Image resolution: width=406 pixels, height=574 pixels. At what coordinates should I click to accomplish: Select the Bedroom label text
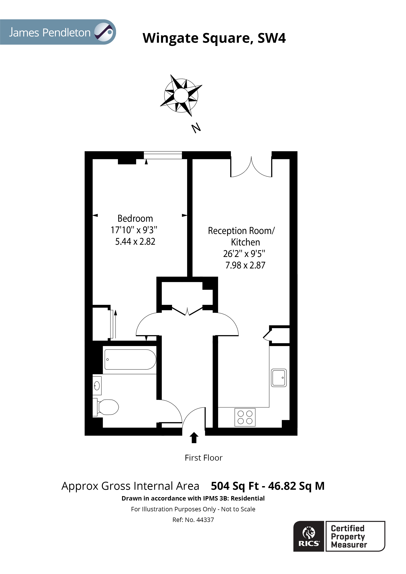(135, 218)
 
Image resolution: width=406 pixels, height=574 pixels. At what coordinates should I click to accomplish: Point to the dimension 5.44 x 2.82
(135, 242)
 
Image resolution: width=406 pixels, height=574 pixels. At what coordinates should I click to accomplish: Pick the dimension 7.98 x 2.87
(245, 265)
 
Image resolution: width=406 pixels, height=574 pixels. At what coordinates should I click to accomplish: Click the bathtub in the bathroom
(130, 359)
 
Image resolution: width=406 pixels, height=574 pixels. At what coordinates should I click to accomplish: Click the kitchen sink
(279, 378)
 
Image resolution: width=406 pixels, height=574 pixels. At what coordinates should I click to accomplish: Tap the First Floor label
(203, 458)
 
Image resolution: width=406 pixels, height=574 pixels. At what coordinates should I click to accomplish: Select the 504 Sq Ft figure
(235, 486)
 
